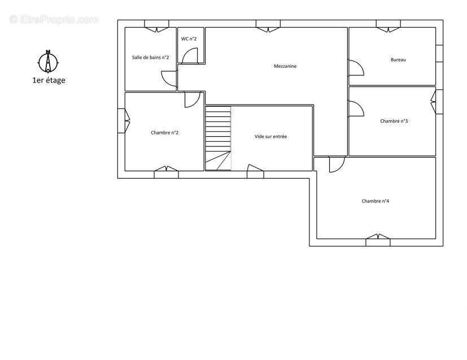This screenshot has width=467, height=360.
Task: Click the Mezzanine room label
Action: [285, 66]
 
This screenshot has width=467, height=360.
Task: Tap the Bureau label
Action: [398, 59]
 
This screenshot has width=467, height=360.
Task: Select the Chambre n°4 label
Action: [376, 201]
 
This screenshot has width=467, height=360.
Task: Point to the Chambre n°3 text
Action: [394, 121]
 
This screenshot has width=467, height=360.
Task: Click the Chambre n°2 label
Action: [165, 133]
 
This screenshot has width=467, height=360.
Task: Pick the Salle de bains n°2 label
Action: [150, 57]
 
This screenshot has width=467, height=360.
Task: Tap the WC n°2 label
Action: [189, 39]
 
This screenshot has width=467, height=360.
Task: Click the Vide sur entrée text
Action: [270, 137]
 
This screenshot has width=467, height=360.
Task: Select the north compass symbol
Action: [48, 62]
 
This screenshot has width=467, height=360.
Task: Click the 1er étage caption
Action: [49, 80]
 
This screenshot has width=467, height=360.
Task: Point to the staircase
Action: [218, 138]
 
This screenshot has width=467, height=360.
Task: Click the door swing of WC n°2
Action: [190, 56]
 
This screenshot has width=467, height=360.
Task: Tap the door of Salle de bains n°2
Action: [169, 79]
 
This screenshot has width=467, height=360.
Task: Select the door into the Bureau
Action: [356, 68]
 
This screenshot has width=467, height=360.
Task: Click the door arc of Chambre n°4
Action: [337, 164]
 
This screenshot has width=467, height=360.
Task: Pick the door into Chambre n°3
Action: [356, 109]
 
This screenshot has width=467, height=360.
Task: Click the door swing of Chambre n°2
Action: [193, 100]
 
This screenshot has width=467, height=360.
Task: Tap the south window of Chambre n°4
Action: [378, 240]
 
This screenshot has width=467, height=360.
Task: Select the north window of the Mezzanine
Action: [268, 26]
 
